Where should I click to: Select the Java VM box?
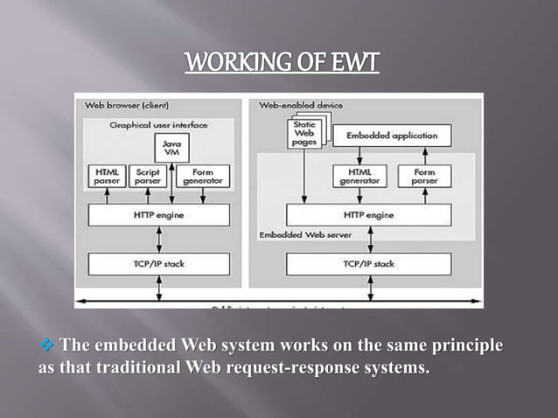[x=171, y=148]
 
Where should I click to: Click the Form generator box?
[x=202, y=176]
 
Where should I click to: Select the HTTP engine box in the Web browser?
[x=158, y=214]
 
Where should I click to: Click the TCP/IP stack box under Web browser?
[x=158, y=263]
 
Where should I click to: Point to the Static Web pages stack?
[x=303, y=136]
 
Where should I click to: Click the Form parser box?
[x=423, y=176]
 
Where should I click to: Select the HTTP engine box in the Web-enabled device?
[x=369, y=214]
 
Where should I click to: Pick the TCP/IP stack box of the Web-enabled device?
[x=369, y=263]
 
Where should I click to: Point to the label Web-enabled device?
[x=301, y=106]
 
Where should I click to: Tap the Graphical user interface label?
[x=158, y=125]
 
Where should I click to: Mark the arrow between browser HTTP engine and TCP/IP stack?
[x=158, y=239]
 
